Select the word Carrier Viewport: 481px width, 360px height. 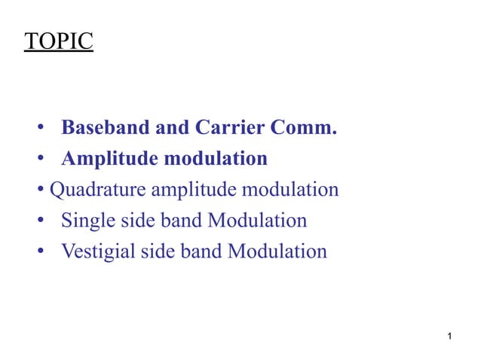[228, 128]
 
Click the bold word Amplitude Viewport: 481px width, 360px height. [110, 159]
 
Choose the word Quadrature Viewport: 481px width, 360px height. [97, 190]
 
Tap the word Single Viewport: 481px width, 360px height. [86, 221]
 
